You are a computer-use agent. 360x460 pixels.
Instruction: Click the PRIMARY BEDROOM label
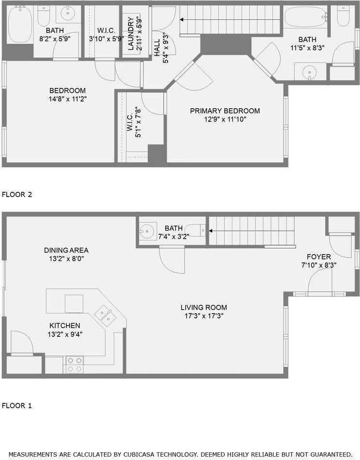tap(225, 111)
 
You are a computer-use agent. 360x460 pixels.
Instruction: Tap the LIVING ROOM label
tap(203, 307)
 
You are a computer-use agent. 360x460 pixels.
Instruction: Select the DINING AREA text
tap(66, 250)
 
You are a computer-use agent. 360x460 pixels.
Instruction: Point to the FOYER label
tap(319, 257)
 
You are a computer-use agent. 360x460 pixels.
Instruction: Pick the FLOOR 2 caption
tap(17, 195)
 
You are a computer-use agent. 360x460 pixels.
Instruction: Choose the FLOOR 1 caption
tap(17, 405)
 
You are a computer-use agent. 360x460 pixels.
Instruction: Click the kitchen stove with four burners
tap(74, 364)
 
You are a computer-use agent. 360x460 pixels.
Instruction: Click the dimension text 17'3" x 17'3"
tap(203, 316)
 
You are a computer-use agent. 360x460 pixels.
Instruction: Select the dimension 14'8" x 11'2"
tap(68, 99)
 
